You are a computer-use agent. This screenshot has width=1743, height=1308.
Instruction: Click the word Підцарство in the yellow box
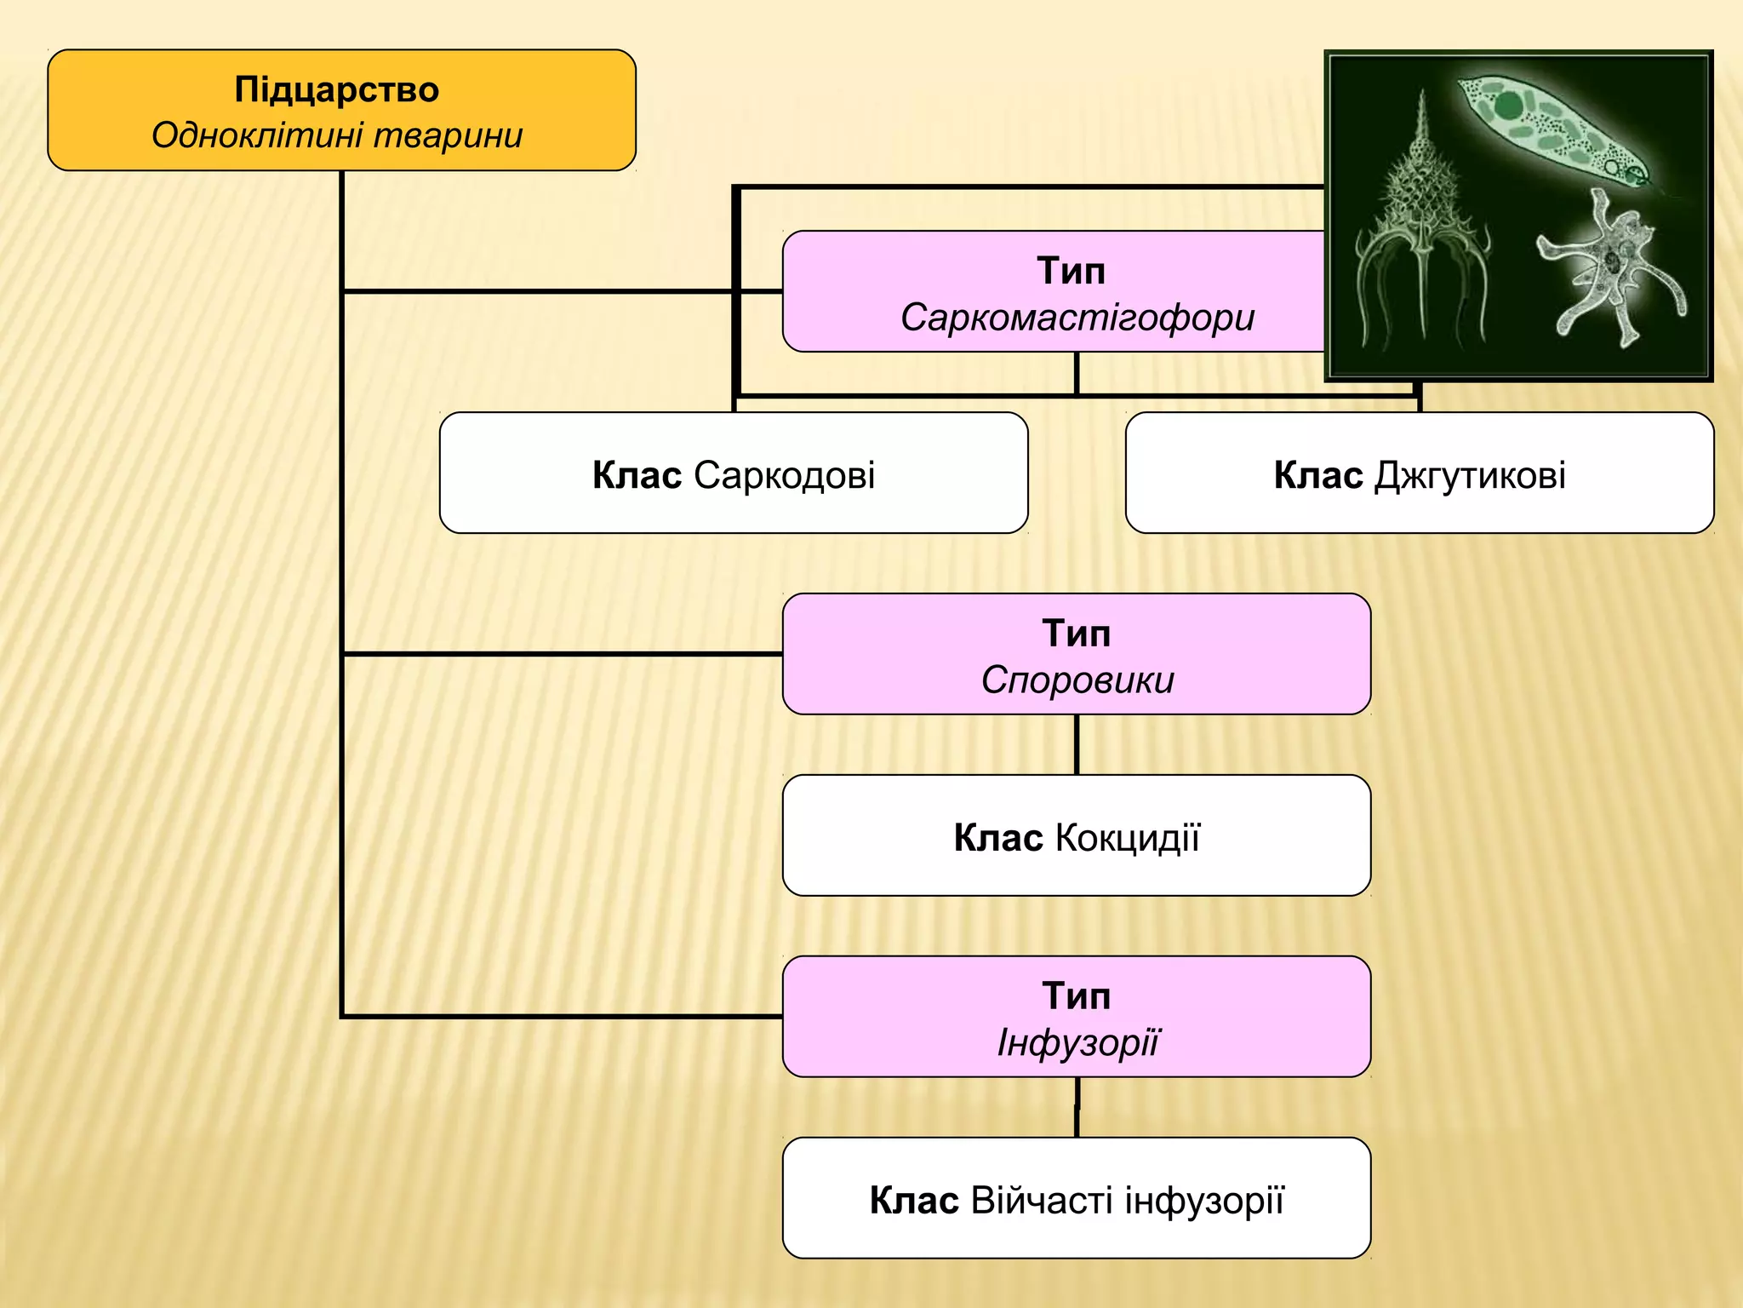pyautogui.click(x=336, y=89)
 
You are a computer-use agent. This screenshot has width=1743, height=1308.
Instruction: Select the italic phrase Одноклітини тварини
pyautogui.click(x=336, y=136)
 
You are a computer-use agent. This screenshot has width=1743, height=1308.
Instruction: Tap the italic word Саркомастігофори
pyautogui.click(x=1077, y=318)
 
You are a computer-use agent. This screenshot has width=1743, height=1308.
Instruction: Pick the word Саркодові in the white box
pyautogui.click(x=784, y=475)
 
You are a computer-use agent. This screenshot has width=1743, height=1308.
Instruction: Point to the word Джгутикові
pyautogui.click(x=1470, y=475)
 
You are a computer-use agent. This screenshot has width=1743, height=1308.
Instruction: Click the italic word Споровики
pyautogui.click(x=1077, y=680)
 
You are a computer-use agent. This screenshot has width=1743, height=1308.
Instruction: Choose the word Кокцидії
pyautogui.click(x=1127, y=838)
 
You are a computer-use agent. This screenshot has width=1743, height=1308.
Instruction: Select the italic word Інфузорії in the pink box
pyautogui.click(x=1077, y=1043)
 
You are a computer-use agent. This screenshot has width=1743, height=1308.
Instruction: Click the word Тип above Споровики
pyautogui.click(x=1077, y=634)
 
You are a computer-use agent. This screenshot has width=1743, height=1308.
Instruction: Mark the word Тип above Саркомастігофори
pyautogui.click(x=1071, y=271)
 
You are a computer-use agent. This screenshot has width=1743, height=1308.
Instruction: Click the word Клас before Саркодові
pyautogui.click(x=637, y=475)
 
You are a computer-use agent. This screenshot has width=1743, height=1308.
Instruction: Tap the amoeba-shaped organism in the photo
pyautogui.click(x=1609, y=272)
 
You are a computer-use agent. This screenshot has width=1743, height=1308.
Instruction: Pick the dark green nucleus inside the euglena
pyautogui.click(x=1509, y=106)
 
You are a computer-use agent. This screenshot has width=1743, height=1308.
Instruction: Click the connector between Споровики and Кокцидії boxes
pyautogui.click(x=1077, y=744)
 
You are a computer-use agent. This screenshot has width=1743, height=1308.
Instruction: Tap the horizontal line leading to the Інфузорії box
pyautogui.click(x=562, y=1016)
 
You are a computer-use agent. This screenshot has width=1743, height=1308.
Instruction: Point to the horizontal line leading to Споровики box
pyautogui.click(x=562, y=654)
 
